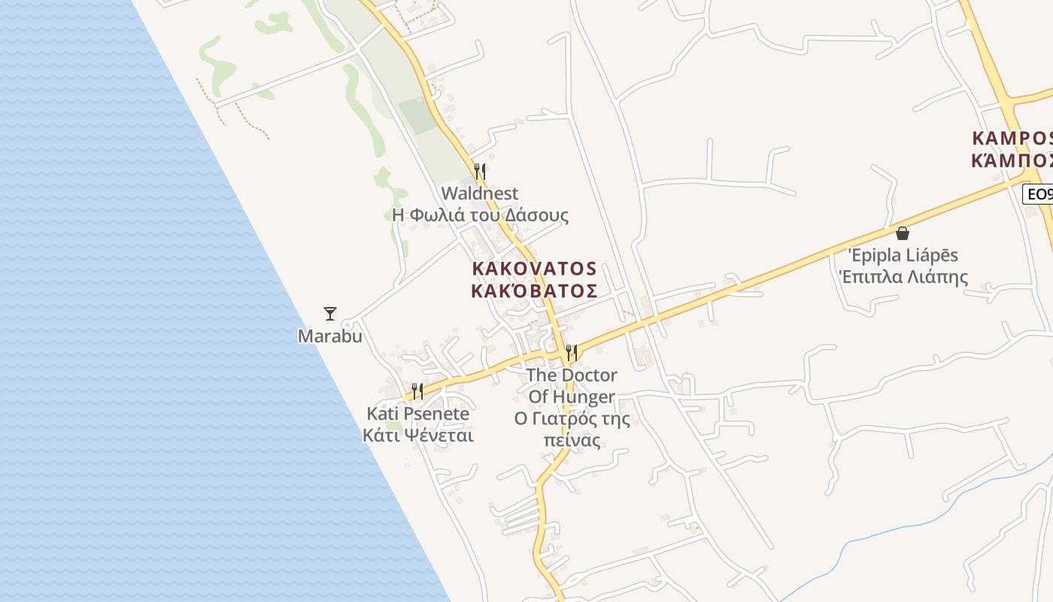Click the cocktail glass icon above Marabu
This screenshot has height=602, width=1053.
[329, 313]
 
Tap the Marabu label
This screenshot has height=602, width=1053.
[329, 336]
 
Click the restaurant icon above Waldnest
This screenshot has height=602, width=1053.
[479, 171]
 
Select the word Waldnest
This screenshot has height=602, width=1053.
[479, 193]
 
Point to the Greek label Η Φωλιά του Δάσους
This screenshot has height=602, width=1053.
[480, 215]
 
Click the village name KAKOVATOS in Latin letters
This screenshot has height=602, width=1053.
[534, 269]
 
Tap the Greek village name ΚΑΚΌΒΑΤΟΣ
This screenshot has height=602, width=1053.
[534, 290]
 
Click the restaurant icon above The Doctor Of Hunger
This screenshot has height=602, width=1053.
[572, 352]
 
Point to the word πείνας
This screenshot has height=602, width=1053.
[572, 440]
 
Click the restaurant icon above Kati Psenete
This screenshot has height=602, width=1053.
[417, 391]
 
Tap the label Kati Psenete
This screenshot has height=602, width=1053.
[417, 413]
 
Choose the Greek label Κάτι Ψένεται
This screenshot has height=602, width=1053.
[417, 435]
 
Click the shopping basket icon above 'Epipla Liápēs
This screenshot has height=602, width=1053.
[903, 233]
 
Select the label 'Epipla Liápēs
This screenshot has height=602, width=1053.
[903, 256]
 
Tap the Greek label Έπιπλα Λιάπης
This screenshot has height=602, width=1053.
[903, 277]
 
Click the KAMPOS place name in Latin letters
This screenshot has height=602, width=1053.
[1012, 139]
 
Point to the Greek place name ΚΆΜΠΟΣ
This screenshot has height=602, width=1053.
[1012, 160]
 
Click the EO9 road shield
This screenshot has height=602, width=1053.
[1039, 194]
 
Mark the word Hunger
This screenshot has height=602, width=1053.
[584, 397]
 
